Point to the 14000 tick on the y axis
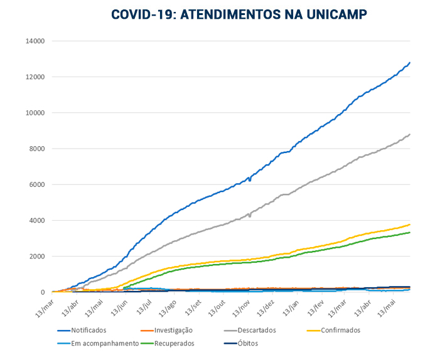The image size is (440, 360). coord(35,41)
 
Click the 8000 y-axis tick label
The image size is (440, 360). coord(36,149)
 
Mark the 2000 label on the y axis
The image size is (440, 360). coord(36,257)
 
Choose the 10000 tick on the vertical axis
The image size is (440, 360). coord(35,113)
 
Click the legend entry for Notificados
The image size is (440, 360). coord(88,331)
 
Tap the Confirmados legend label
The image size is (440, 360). coord(338,331)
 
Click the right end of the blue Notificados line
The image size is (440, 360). coord(410,63)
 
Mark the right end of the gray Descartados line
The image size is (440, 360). coord(410,134)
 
